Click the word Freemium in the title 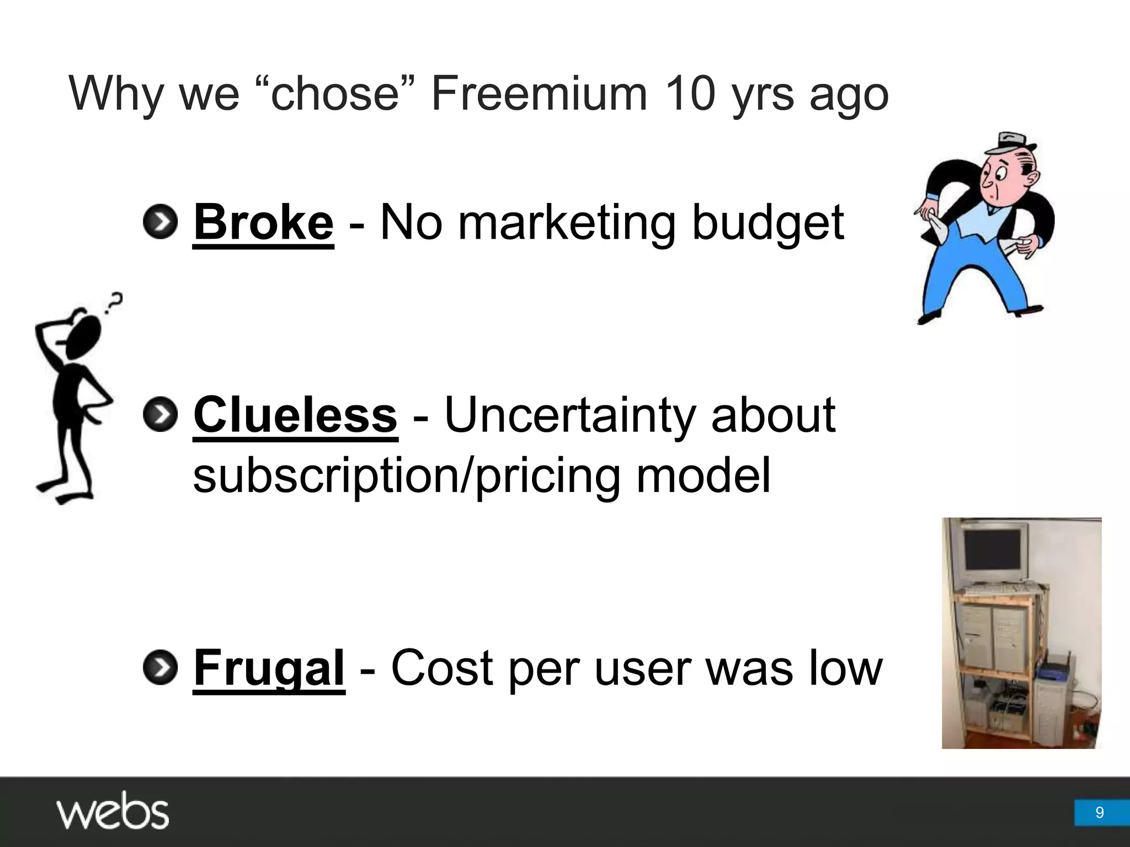tap(539, 94)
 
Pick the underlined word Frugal tap(269, 668)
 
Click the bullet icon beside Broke tap(160, 222)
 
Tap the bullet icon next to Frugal tap(160, 667)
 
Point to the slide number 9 tap(1099, 812)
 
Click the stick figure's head tap(84, 336)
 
